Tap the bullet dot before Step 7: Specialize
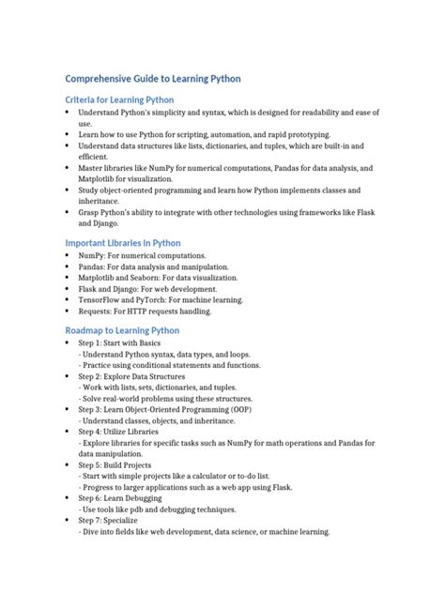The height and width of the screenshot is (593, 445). (x=69, y=520)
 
